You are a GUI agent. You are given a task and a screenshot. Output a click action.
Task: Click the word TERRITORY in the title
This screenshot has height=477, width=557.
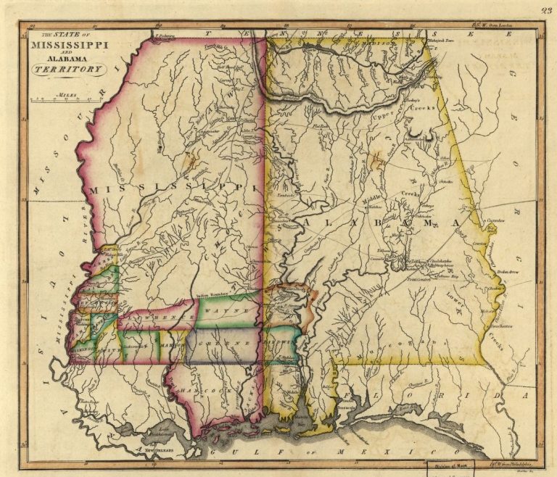67,69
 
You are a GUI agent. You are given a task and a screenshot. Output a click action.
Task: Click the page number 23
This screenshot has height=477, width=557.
545,10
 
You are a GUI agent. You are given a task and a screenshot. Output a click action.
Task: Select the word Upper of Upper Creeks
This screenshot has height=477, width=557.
383,117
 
